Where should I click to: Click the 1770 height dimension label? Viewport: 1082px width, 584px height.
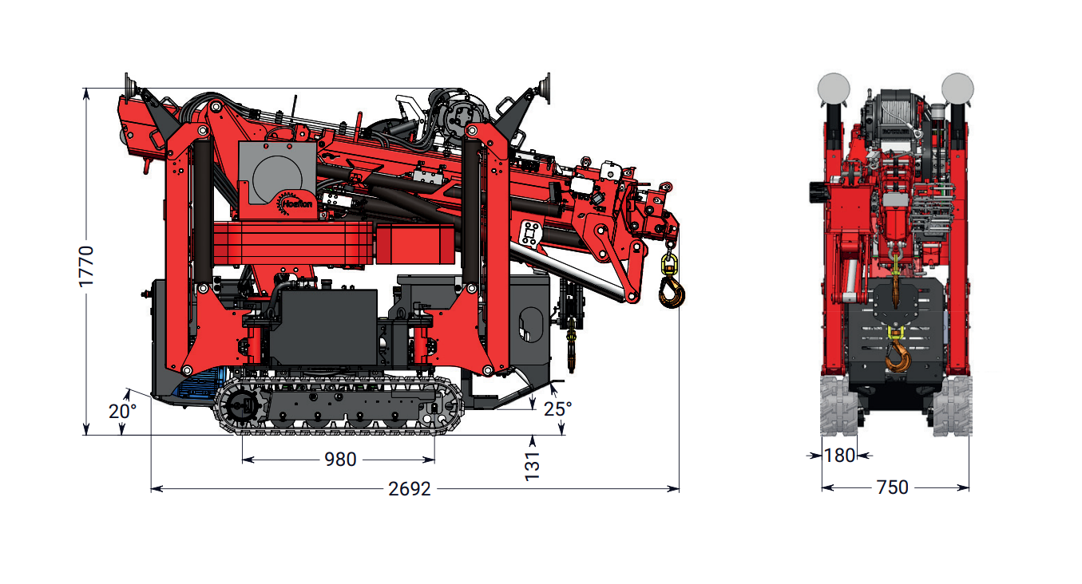point(87,266)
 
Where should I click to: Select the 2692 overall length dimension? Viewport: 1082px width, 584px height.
point(410,488)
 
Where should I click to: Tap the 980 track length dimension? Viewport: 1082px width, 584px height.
point(339,460)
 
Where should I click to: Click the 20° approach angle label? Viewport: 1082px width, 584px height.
point(122,412)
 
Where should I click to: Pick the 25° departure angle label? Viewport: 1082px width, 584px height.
point(557,409)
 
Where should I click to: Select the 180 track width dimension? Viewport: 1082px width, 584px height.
point(839,456)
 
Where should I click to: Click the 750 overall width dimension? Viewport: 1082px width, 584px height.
point(892,487)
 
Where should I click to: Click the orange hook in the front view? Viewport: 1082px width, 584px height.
point(898,355)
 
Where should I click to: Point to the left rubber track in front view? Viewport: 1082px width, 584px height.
point(838,407)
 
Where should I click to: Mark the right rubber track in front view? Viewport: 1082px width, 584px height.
point(953,407)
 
